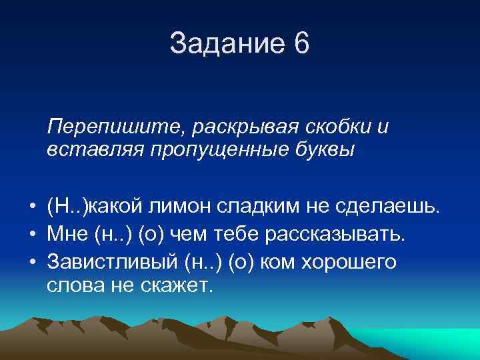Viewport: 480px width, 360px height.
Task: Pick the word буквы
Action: pyautogui.click(x=325, y=150)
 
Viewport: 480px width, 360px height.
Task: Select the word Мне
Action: pyautogui.click(x=65, y=235)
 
